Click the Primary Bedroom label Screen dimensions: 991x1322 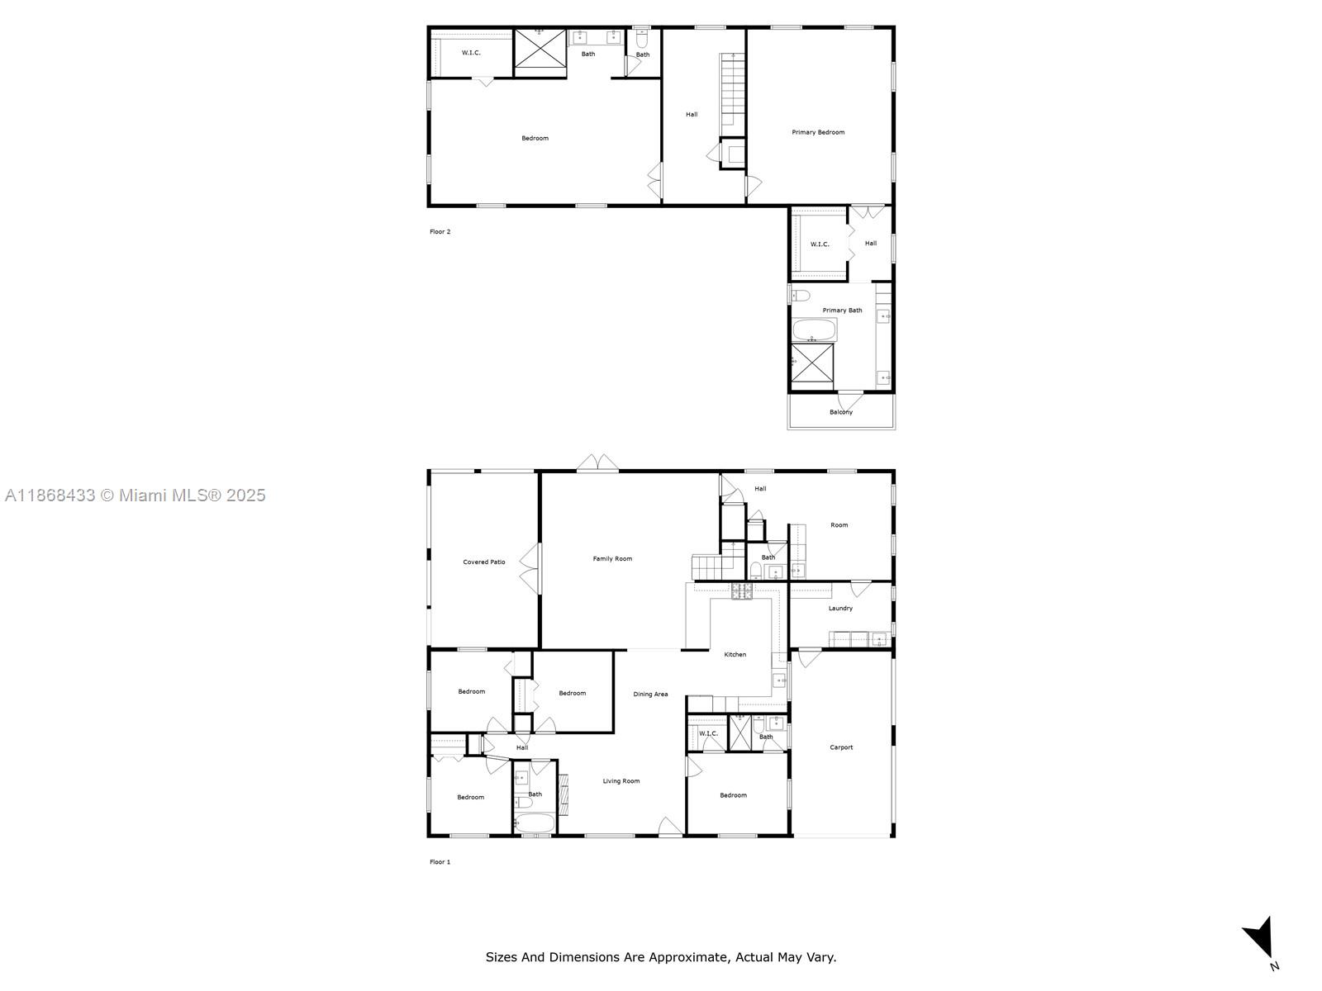[818, 132]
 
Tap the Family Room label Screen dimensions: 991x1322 [612, 559]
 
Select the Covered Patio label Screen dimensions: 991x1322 [484, 562]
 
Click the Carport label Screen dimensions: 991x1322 [841, 747]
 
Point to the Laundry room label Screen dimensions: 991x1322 [840, 609]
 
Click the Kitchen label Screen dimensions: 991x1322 [735, 655]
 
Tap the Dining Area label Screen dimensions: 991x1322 [650, 695]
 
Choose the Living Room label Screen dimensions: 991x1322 [621, 781]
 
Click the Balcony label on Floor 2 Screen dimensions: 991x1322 [841, 412]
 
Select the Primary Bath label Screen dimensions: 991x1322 [842, 311]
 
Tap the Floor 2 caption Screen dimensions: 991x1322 [440, 232]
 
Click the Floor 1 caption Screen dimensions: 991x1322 [440, 862]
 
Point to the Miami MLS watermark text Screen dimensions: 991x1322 [135, 495]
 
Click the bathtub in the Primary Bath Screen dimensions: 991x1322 [814, 330]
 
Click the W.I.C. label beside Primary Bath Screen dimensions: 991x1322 [819, 244]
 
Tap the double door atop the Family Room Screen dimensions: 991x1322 [597, 463]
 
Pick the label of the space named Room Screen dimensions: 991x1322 [839, 525]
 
